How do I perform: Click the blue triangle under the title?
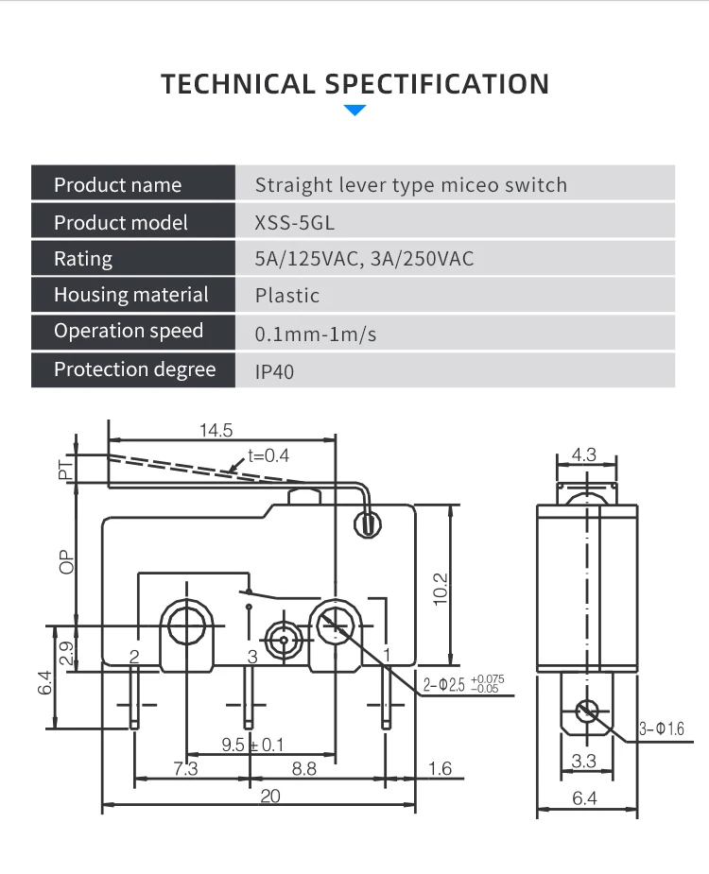[x=354, y=110]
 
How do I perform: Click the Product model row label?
[x=120, y=222]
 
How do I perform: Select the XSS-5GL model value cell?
[x=295, y=223]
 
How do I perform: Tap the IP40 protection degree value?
[x=274, y=371]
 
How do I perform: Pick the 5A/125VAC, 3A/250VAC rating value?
[x=364, y=259]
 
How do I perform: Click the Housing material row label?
[x=131, y=294]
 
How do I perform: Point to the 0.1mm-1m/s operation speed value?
[x=315, y=334]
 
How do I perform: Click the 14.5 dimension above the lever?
[x=216, y=430]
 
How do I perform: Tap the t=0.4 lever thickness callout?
[x=268, y=456]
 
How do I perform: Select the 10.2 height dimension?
[x=441, y=589]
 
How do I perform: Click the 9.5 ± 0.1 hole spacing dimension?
[x=252, y=745]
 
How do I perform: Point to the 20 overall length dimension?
[x=270, y=796]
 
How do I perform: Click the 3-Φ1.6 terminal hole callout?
[x=661, y=729]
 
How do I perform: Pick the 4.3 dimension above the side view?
[x=584, y=454]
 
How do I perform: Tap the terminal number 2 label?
[x=134, y=657]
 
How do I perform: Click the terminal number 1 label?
[x=387, y=655]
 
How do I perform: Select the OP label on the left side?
[x=66, y=562]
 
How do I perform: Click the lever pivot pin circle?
[x=368, y=525]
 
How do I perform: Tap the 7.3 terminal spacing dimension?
[x=185, y=769]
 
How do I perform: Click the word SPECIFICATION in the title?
[x=437, y=84]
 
